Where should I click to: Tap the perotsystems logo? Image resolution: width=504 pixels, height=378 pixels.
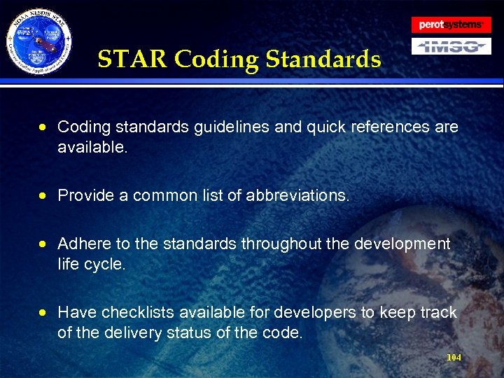coord(450,25)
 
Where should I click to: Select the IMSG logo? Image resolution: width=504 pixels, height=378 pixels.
coord(450,47)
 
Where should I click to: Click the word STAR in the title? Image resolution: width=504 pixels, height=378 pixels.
coord(133,59)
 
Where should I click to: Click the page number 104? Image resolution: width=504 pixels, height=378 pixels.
coord(454,358)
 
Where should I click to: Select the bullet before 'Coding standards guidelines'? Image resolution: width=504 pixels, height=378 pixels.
coord(45,127)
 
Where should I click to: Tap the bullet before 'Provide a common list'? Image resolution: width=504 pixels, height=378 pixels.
coord(45,196)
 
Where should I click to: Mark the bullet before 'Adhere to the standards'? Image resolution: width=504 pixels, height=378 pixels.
coord(45,244)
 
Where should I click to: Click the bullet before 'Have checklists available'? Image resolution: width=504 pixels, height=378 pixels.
coord(45,313)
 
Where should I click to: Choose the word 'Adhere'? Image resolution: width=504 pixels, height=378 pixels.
coord(84,244)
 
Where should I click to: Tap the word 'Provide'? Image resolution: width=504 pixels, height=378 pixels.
coord(85,196)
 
